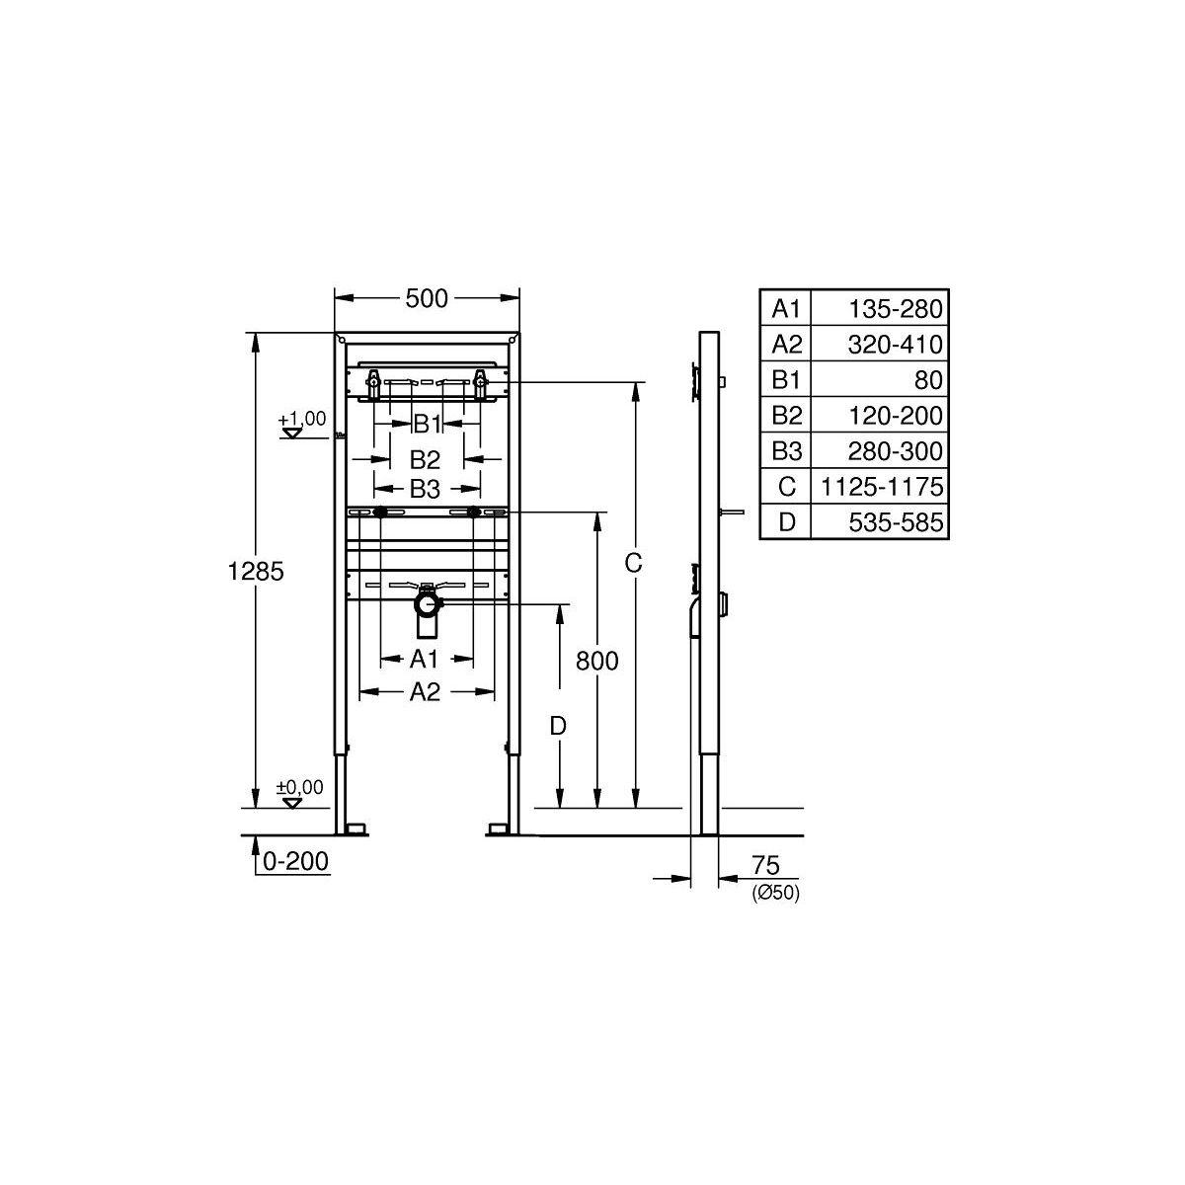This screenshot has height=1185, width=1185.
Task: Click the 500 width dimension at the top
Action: click(427, 299)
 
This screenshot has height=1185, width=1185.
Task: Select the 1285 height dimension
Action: click(256, 572)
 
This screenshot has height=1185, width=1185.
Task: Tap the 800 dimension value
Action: click(597, 661)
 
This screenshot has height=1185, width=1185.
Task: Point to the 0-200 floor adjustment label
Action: click(296, 861)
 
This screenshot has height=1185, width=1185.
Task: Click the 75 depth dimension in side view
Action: click(765, 865)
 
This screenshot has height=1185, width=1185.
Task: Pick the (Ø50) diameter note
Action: click(775, 893)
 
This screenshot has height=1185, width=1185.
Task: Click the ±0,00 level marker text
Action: click(300, 787)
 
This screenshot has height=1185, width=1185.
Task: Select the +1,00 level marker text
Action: click(302, 419)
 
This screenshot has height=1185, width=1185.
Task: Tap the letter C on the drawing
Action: click(633, 563)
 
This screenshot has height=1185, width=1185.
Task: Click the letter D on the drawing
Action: click(558, 727)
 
